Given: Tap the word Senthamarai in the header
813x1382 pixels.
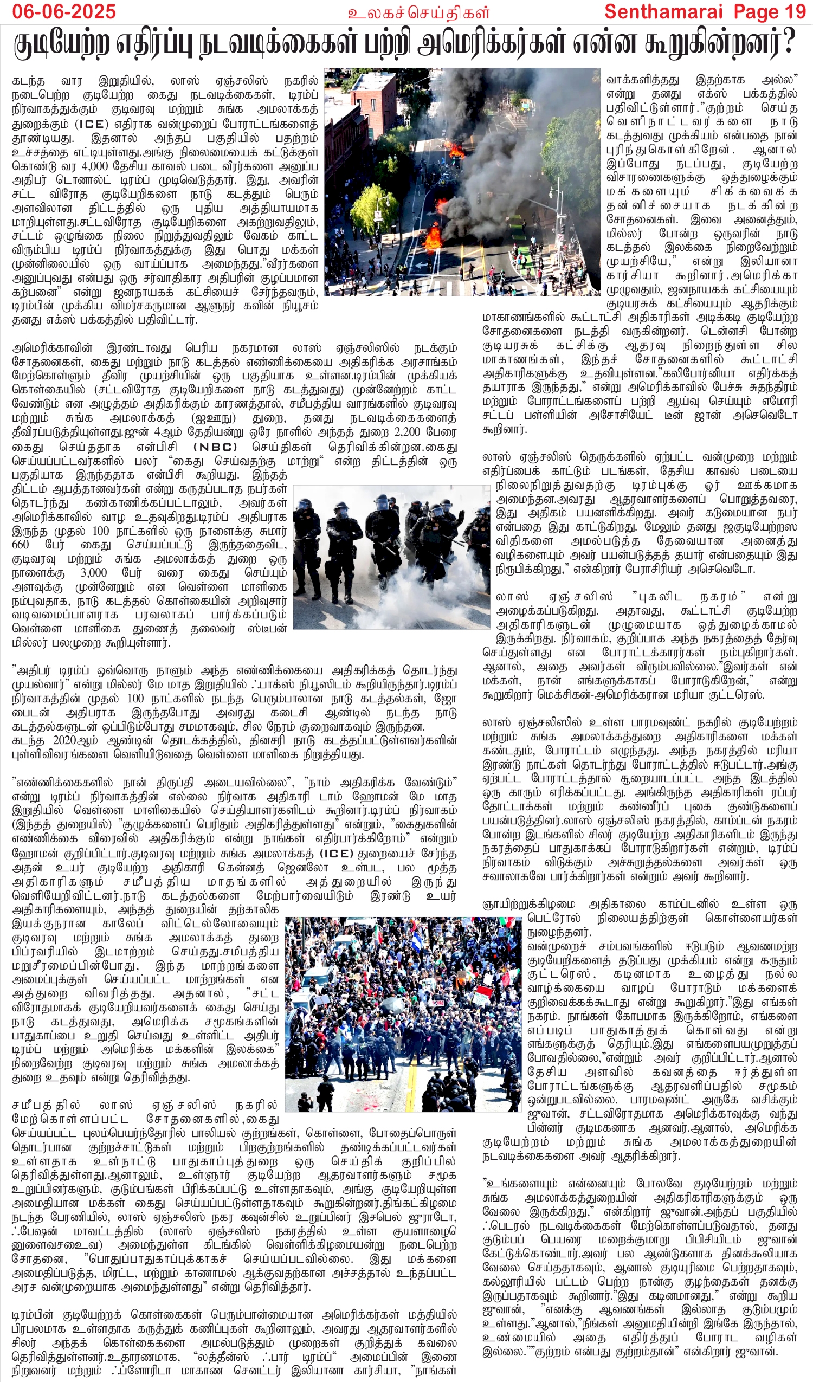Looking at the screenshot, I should (667, 11).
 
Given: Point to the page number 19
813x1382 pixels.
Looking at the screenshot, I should (795, 11).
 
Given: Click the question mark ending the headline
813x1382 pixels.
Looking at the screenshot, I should (788, 44).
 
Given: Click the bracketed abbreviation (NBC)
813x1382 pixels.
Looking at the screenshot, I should (216, 447).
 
